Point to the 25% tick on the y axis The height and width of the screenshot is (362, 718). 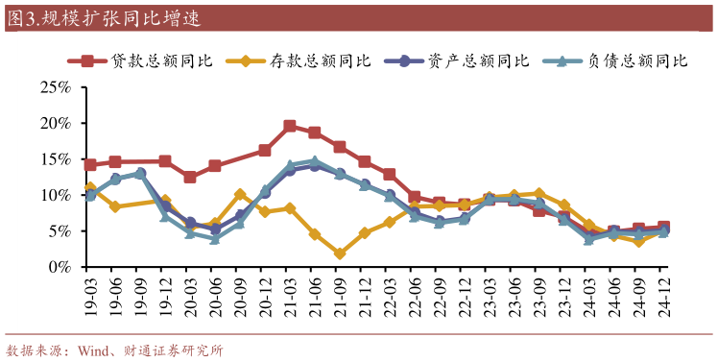pos(55,87)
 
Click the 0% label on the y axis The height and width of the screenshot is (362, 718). pos(60,267)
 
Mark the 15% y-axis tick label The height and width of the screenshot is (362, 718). pos(55,159)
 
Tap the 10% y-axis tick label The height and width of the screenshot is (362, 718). pos(55,195)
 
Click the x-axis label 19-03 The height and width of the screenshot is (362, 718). pos(91,298)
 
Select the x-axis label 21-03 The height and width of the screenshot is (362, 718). pos(290,298)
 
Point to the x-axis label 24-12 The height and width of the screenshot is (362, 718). pos(663,298)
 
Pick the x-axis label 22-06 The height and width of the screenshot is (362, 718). pos(415,298)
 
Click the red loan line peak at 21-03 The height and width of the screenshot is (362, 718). pos(290,126)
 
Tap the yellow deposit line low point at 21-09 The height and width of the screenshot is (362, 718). pos(340,253)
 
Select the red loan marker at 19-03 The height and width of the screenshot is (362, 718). pos(90,165)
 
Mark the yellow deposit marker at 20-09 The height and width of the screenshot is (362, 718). pos(240,194)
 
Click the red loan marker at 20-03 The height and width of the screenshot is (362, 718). pos(190,177)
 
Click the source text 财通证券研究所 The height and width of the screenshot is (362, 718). pos(178,350)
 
